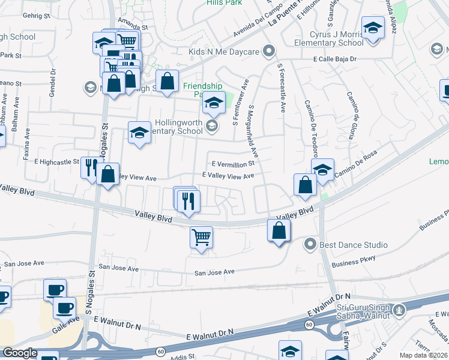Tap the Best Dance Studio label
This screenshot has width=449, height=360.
(x=354, y=245)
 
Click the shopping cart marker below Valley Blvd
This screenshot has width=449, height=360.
(x=201, y=238)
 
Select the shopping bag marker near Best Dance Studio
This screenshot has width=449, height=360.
(x=279, y=231)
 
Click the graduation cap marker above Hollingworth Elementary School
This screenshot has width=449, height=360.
(x=213, y=104)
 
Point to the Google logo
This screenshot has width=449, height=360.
(x=20, y=353)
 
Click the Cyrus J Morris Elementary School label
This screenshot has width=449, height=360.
(x=328, y=38)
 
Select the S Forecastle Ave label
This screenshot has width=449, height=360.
(x=281, y=88)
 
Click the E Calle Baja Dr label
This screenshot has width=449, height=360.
(x=335, y=59)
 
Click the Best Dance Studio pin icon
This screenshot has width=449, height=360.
(x=310, y=244)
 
